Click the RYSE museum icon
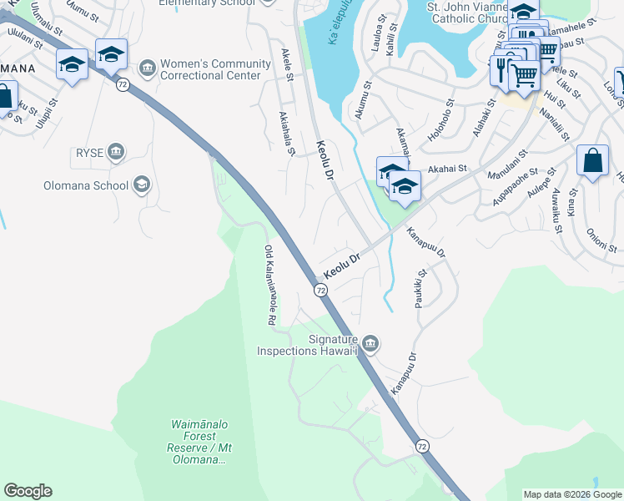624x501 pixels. (116, 151)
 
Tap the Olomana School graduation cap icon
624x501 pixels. (142, 185)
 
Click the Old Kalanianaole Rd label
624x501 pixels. (270, 285)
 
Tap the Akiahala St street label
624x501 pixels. (287, 134)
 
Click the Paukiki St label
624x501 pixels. (420, 288)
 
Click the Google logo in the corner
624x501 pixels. (28, 491)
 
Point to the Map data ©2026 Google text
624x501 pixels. (572, 494)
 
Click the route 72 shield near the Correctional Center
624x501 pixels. (122, 86)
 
